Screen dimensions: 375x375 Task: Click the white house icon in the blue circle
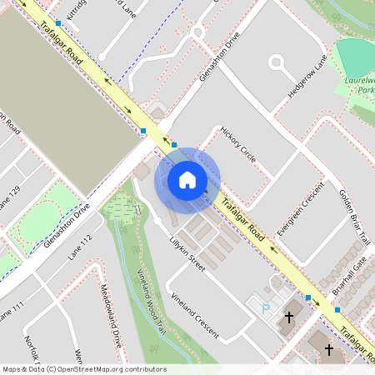tap(187, 179)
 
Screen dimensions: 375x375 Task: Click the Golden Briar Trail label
tap(352, 216)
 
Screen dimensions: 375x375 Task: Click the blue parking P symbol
tap(267, 308)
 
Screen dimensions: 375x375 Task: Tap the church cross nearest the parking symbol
tap(289, 317)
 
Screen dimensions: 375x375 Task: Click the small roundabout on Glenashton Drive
tap(198, 32)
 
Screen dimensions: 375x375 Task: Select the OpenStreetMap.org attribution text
tap(83, 369)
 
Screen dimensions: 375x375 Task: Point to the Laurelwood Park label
tap(360, 84)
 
